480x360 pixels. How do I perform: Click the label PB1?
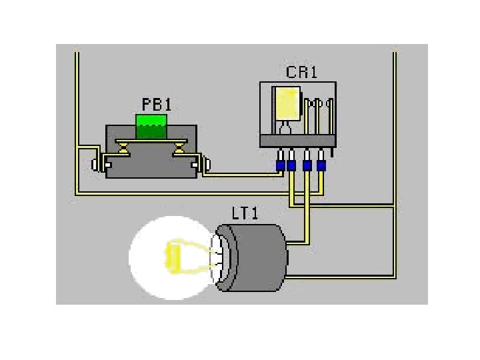click(x=157, y=105)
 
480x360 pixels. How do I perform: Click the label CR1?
click(x=301, y=72)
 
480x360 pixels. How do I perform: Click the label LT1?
click(x=245, y=213)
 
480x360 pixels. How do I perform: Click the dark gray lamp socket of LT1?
click(x=257, y=258)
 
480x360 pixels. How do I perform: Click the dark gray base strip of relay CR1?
click(x=297, y=141)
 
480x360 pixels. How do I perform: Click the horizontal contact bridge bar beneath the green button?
click(x=151, y=142)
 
